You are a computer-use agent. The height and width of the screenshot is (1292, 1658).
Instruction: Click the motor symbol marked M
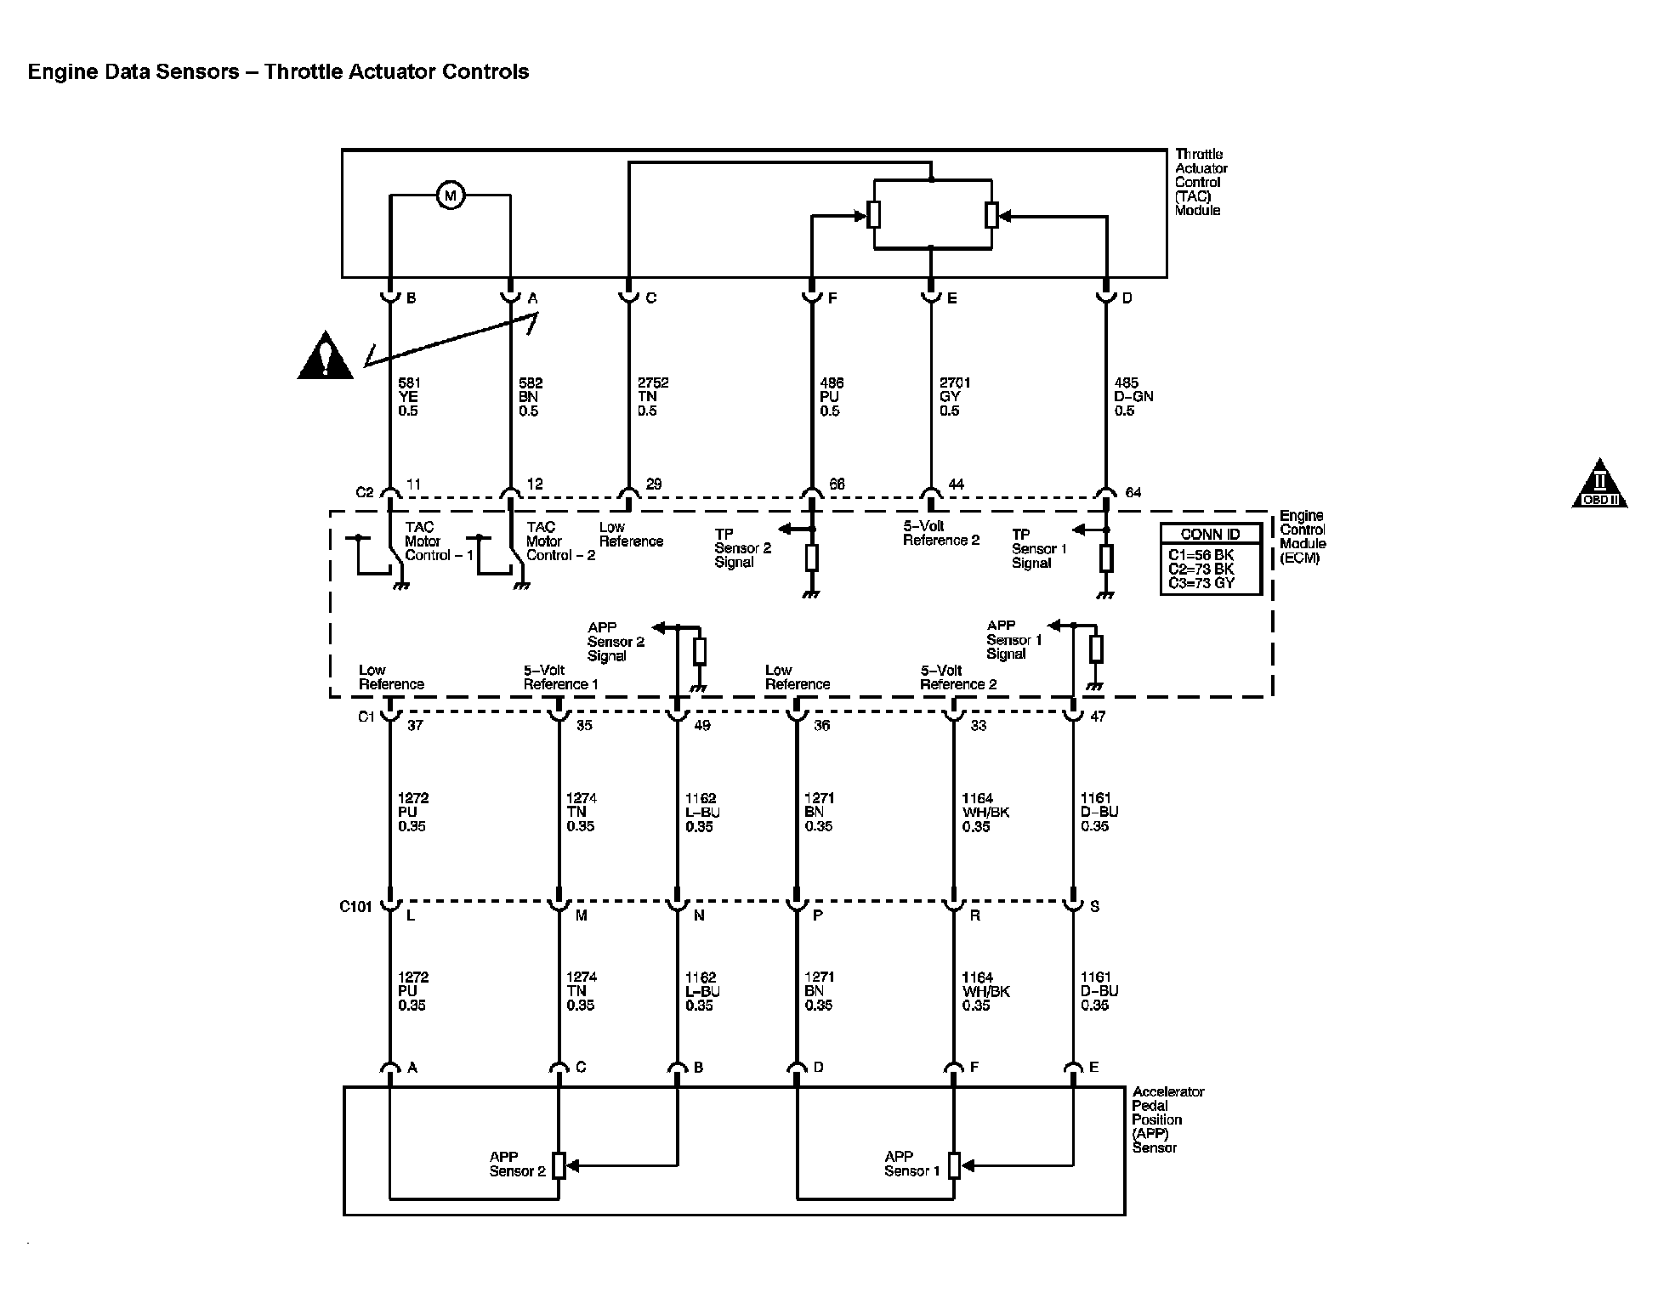[x=450, y=196]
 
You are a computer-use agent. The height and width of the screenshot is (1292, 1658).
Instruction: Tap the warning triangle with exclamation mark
[x=325, y=357]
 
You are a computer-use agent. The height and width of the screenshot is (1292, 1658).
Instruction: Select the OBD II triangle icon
[x=1599, y=485]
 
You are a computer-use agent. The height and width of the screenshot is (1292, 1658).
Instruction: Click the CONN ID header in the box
[x=1210, y=535]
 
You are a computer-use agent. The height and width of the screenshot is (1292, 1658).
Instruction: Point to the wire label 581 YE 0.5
[x=409, y=397]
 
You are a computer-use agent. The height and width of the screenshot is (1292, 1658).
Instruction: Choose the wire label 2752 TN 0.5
[x=652, y=397]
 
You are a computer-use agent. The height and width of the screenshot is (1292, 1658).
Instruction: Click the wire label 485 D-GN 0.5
[x=1133, y=397]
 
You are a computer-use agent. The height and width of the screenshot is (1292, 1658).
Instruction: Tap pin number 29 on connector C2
[x=654, y=484]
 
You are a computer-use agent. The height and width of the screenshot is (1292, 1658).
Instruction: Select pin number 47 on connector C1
[x=1098, y=717]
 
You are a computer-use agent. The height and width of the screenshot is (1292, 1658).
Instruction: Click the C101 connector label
[x=355, y=906]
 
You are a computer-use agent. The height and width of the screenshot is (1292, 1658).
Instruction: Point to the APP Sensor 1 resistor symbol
[x=954, y=1165]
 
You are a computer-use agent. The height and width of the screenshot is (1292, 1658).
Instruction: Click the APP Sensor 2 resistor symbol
[x=559, y=1165]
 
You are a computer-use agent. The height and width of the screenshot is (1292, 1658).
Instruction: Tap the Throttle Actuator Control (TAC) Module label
[x=1201, y=182]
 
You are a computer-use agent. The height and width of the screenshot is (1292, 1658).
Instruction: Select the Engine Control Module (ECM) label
[x=1302, y=536]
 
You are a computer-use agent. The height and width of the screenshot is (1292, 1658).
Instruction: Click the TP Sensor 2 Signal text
[x=742, y=548]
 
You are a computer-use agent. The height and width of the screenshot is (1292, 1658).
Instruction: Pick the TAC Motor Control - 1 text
[x=438, y=541]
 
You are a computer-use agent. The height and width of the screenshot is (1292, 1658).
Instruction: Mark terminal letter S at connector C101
[x=1094, y=907]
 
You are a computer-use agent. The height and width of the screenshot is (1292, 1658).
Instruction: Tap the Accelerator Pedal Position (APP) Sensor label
[x=1167, y=1119]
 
